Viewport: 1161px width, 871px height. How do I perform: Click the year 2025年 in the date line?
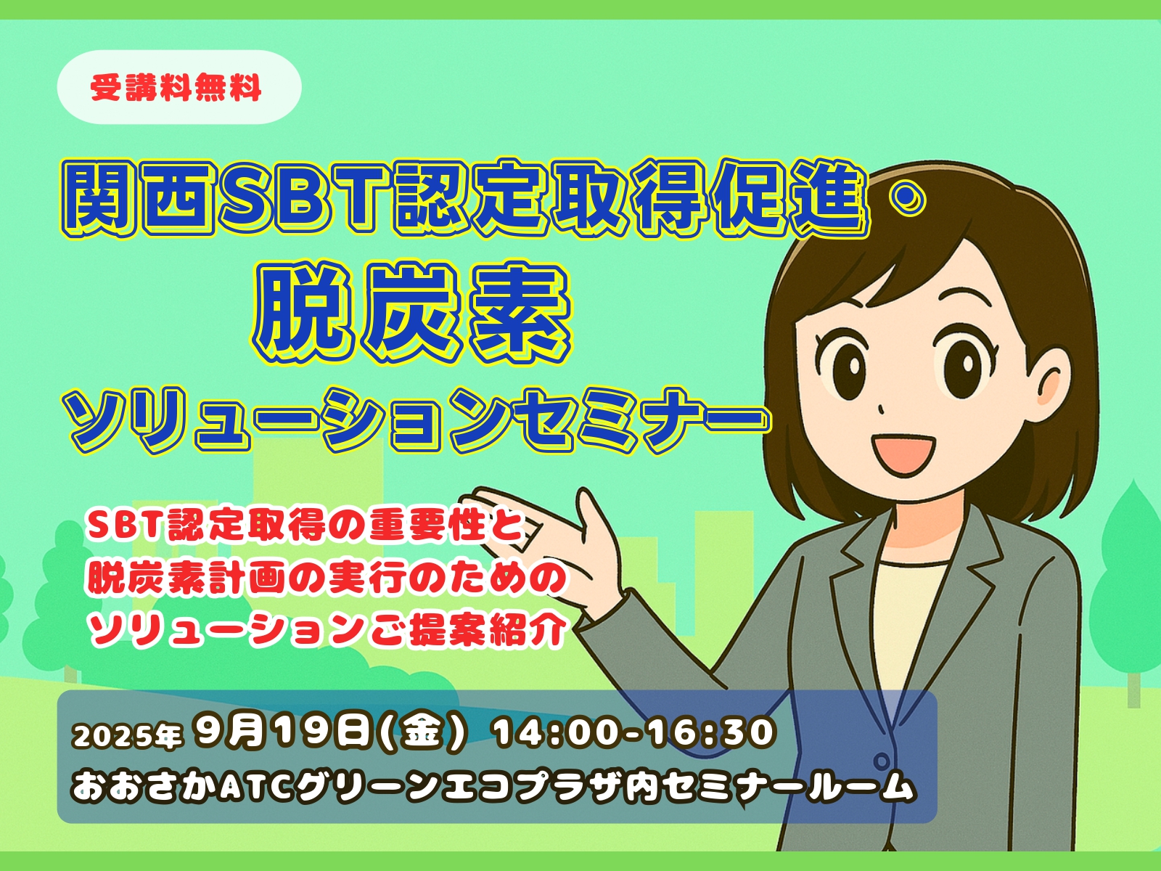(x=128, y=735)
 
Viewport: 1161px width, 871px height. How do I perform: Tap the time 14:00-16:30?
(x=633, y=733)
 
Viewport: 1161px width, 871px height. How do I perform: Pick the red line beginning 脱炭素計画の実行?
(x=327, y=578)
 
